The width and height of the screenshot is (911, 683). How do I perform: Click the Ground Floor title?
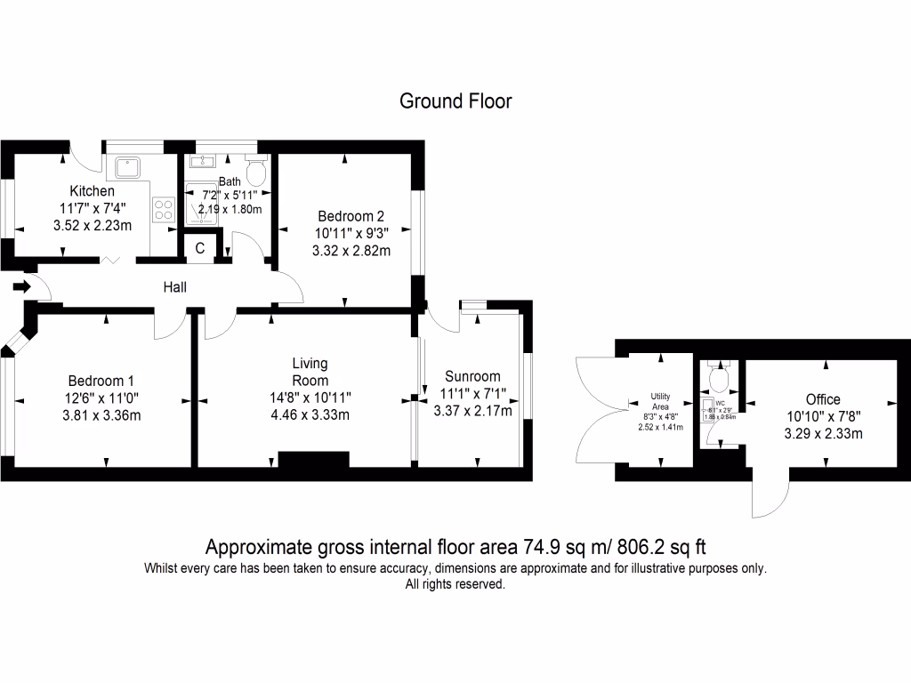coord(455,100)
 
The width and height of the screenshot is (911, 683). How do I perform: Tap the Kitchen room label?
coord(92,191)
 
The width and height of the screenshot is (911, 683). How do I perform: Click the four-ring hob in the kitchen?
coord(164,209)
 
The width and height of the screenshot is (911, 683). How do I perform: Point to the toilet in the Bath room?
coord(256,169)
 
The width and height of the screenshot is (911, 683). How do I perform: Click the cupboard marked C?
coord(199,248)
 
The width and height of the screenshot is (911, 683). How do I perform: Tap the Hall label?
coord(174,286)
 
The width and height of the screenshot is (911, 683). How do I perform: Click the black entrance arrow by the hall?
coord(21,286)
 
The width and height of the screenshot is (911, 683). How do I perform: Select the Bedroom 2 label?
coord(351,216)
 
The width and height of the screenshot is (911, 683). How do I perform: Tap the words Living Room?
coord(310,372)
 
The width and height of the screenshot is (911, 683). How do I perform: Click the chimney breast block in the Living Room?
coord(313,459)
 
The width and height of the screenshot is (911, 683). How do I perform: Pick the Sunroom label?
coord(472,376)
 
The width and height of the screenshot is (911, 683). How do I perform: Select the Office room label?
coord(823,399)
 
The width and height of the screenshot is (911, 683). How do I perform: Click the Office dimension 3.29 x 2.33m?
coord(823,434)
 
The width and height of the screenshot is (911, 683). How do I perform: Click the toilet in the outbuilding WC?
coord(718,379)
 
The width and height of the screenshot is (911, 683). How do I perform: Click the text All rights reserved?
coord(455,584)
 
